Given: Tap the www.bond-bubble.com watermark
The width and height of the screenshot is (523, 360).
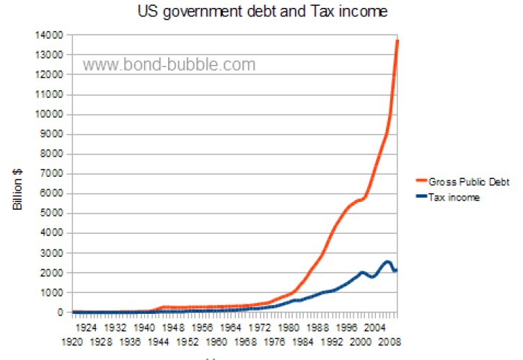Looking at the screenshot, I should click(169, 65).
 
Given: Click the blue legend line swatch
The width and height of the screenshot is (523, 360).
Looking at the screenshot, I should click(421, 198).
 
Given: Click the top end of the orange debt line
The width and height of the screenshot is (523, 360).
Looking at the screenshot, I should click(397, 40).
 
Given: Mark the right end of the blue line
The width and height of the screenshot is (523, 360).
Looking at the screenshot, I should click(397, 269).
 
